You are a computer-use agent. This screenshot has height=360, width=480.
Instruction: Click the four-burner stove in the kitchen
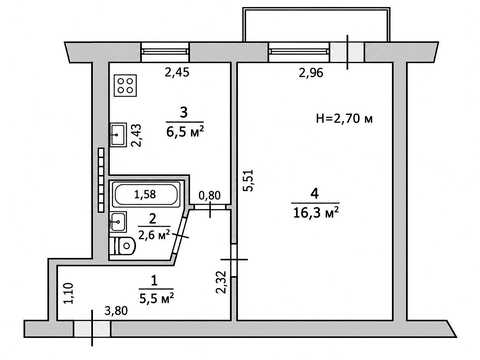[x=125, y=86]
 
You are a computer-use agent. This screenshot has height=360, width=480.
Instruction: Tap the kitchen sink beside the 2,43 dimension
[x=118, y=134]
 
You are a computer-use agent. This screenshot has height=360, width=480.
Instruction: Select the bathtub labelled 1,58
[x=146, y=194]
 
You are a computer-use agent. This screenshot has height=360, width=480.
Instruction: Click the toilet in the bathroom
[x=124, y=246]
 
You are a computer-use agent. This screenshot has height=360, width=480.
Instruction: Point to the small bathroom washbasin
[x=118, y=221]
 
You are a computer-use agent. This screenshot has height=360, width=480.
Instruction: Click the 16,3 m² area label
[x=316, y=212]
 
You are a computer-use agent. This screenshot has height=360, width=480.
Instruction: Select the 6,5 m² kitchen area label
[x=185, y=131]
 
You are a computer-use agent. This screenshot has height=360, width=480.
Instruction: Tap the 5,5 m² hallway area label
[x=156, y=298]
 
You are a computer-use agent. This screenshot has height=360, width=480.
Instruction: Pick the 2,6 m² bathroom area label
[x=154, y=235]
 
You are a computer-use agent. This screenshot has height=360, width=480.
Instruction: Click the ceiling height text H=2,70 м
[x=344, y=118]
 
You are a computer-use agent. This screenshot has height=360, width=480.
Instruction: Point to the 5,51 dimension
[x=249, y=180]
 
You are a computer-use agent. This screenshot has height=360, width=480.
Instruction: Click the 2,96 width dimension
[x=311, y=73]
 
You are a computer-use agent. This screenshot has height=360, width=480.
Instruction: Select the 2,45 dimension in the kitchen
[x=177, y=72]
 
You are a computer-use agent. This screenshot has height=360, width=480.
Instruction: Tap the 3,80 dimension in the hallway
[x=116, y=311]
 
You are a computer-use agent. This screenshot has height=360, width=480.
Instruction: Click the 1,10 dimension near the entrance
[x=69, y=293]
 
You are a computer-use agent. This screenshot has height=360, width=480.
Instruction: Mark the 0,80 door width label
[x=209, y=195]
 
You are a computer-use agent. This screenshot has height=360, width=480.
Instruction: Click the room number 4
[x=315, y=193]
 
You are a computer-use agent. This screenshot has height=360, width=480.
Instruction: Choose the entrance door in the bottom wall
[x=92, y=329]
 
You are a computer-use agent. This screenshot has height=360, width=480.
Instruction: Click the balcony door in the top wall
[x=347, y=52]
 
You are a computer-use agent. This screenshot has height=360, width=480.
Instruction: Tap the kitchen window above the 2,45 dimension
[x=165, y=52]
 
